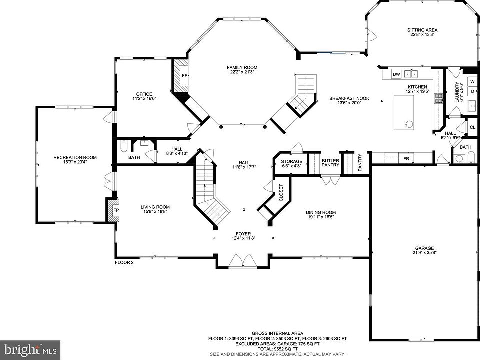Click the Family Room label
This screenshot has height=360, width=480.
(242, 70)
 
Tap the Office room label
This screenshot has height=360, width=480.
(144, 96)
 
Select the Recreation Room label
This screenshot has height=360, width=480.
(75, 160)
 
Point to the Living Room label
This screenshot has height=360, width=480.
(155, 209)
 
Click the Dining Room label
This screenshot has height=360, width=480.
(321, 214)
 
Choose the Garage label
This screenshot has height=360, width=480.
(424, 250)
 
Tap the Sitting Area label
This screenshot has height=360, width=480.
(422, 32)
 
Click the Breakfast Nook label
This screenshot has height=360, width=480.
(349, 100)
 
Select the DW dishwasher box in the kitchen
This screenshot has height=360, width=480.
(396, 74)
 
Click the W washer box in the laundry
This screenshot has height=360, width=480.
(472, 81)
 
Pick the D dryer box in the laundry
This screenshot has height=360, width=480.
(472, 91)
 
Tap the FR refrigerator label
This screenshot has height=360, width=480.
(406, 159)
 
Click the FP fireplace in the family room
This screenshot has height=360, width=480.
(185, 75)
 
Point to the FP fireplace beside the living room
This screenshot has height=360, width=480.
(115, 210)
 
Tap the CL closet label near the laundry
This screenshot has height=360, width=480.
(472, 127)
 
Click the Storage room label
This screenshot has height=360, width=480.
(291, 164)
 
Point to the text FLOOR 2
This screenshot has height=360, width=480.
(124, 262)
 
